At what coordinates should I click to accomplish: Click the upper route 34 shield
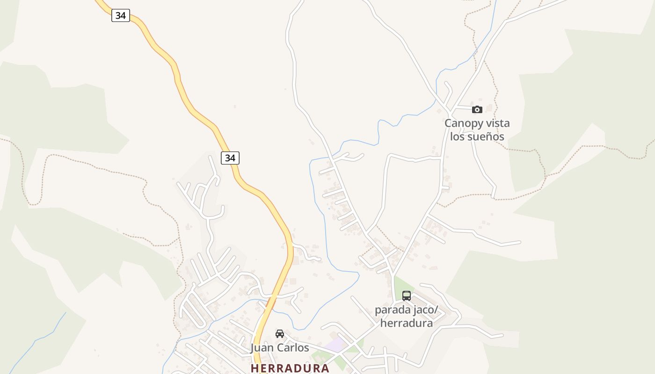coord(121,15)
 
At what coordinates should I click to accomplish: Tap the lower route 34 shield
coord(230,158)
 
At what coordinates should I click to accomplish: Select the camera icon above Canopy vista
coord(477,109)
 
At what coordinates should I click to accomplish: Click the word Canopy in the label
coord(461,123)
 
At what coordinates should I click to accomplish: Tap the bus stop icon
coord(406,295)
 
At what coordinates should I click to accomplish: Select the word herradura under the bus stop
coord(406,323)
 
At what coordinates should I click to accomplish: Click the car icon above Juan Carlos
coord(279,333)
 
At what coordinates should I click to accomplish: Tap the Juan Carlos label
coord(280,348)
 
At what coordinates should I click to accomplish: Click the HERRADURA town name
coord(290,368)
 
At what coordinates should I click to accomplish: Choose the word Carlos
coord(293,348)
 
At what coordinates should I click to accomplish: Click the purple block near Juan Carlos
coord(335,345)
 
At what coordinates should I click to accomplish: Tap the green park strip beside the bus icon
coord(398,286)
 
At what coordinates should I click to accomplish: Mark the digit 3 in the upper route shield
coord(118,15)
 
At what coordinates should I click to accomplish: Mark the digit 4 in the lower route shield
coord(233,158)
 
